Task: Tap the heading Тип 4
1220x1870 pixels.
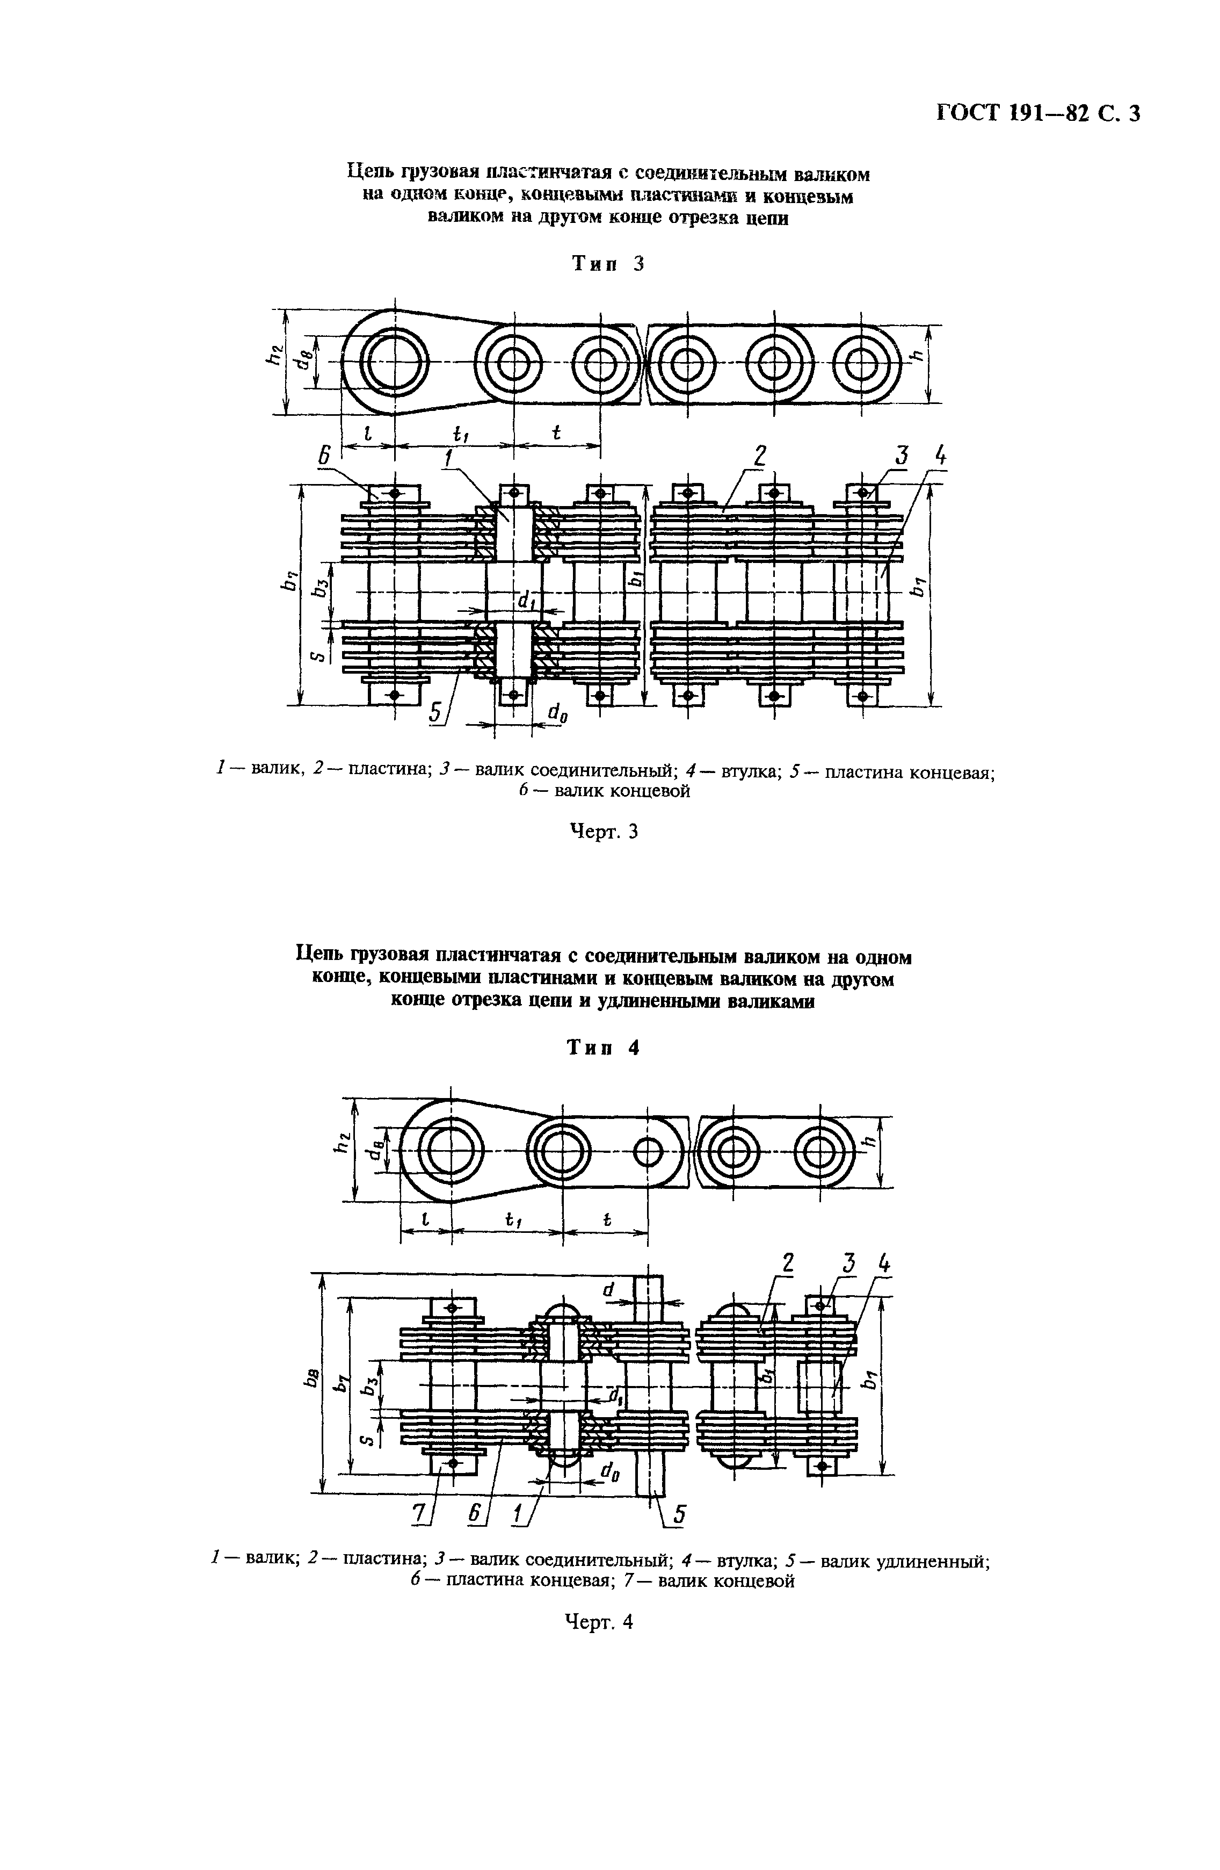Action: coord(604,1048)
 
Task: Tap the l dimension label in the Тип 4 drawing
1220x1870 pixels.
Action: coord(425,1219)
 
